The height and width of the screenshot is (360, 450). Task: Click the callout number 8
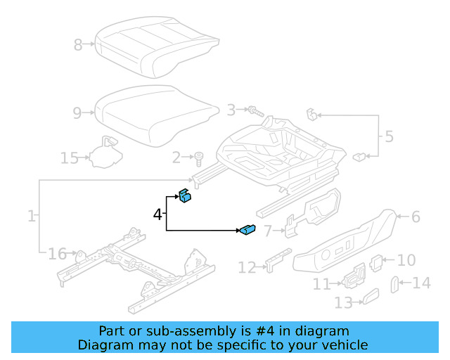78,46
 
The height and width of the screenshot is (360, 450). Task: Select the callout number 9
78,112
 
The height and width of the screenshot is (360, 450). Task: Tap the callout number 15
69,158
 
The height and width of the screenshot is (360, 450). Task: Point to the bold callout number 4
157,214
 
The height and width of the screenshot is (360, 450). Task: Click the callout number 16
57,253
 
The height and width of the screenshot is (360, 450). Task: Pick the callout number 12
247,268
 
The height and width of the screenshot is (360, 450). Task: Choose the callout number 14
421,283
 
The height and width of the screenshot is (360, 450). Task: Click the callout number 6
416,217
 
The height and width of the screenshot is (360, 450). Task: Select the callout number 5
387,135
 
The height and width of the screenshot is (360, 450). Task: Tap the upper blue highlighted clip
185,196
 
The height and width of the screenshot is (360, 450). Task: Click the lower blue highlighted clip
248,229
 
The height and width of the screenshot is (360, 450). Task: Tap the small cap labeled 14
395,284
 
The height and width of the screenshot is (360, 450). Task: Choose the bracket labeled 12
277,259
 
